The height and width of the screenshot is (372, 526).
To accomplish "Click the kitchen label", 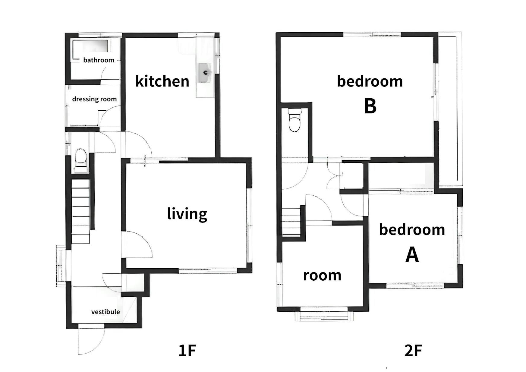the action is (162, 81).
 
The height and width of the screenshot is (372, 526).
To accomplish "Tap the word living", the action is (187, 214).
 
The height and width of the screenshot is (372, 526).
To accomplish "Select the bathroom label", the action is (99, 60).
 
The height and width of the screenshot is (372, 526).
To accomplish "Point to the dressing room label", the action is (94, 99).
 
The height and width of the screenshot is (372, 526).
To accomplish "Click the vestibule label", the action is (106, 312).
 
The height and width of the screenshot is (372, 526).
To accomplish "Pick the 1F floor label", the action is (187, 350).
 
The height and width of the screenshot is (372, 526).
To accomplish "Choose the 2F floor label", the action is (413, 350).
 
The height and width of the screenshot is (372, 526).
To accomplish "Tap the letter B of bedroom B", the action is (370, 106).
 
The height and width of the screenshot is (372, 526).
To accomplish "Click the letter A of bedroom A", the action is (412, 254).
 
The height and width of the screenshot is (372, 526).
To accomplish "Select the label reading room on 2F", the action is (322, 275).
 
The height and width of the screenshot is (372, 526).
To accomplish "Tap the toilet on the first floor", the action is (80, 160).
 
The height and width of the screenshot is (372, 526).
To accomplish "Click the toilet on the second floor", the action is (295, 120).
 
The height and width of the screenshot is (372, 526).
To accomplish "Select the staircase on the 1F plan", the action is (80, 211).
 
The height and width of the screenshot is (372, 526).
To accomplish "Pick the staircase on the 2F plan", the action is (291, 221).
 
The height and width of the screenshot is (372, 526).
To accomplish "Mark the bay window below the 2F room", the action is (324, 315).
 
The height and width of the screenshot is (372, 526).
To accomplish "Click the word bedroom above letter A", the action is (412, 230).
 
